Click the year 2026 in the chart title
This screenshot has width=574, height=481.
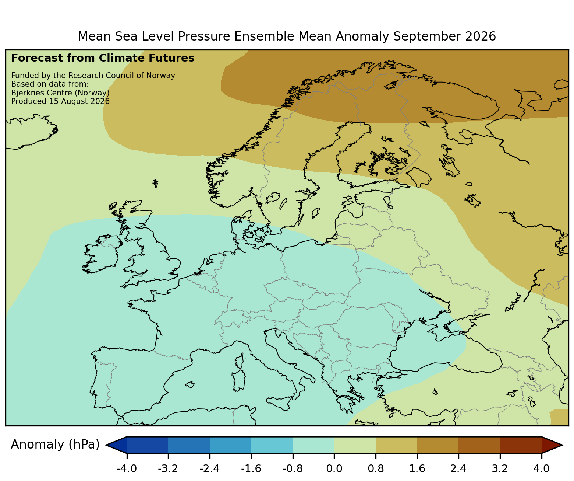481,36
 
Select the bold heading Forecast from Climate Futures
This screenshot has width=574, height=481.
103,58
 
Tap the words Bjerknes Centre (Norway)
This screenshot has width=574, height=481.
60,93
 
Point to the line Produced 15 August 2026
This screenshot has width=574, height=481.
60,101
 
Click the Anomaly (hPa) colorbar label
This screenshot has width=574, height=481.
55,445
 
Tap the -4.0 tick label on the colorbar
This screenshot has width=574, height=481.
127,468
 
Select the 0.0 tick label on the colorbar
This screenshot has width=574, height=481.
334,468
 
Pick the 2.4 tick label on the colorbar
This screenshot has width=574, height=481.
458,468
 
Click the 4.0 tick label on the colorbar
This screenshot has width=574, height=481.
541,468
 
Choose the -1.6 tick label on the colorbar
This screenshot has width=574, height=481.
251,468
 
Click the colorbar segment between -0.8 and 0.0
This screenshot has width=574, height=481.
313,445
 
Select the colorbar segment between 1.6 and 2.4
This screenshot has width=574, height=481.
437,445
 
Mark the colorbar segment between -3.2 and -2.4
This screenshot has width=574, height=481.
189,445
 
